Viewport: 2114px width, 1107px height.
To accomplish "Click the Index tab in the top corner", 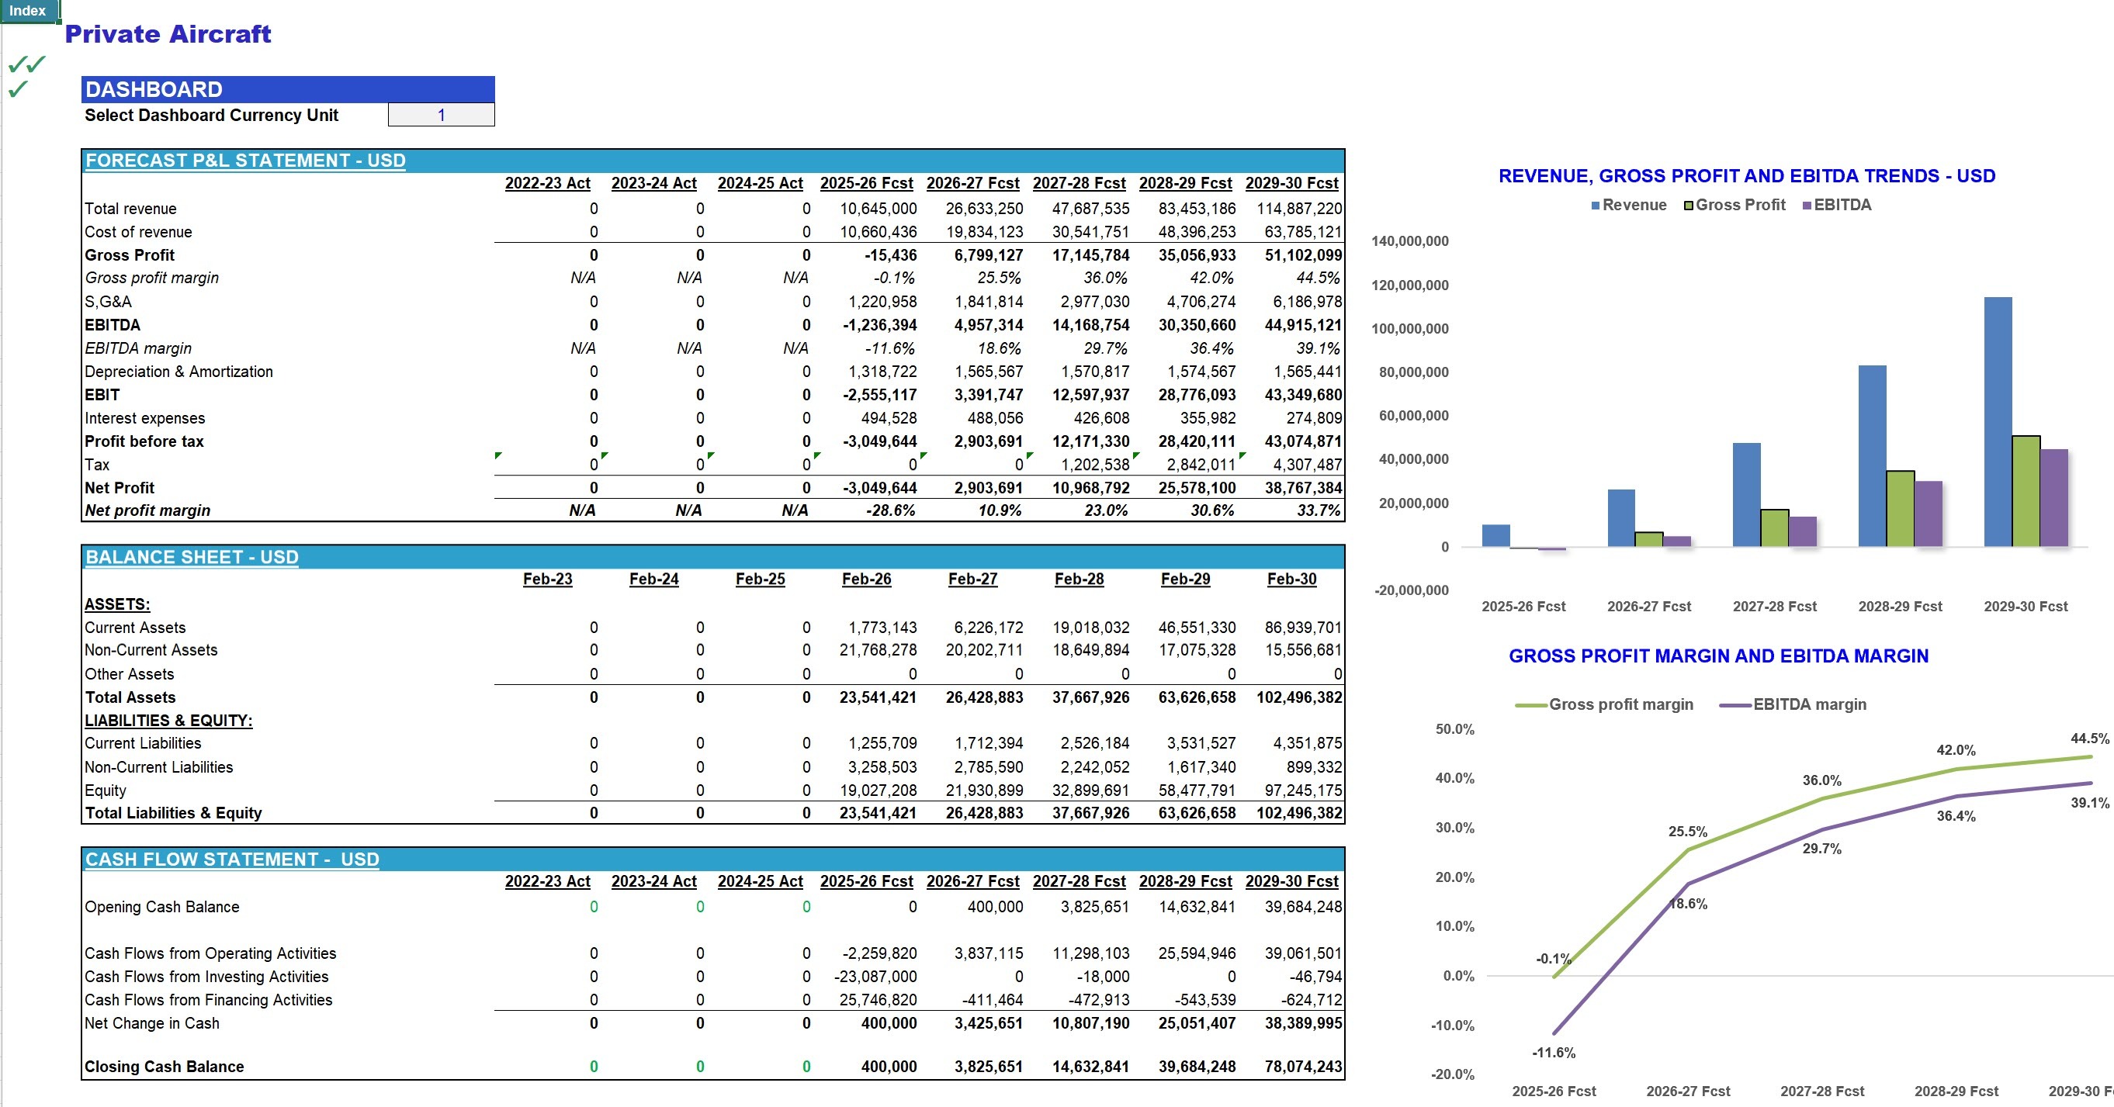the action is pos(28,11).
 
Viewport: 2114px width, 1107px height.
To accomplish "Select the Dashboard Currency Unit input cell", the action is pos(441,115).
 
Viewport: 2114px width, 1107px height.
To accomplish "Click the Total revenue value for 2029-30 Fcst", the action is pos(1299,209).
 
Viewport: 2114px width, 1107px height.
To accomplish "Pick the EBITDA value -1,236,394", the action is pos(880,325).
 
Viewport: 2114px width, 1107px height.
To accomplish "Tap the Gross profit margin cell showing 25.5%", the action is pos(999,278).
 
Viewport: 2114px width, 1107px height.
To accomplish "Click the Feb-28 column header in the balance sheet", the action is pos(1080,579).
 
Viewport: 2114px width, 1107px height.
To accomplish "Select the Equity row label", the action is pos(105,790).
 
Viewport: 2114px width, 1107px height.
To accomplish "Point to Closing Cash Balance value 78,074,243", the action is pos(1303,1067).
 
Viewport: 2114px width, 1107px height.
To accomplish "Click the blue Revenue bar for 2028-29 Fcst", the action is pos(1872,455).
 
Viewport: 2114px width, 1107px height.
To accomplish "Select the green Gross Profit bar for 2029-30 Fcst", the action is pos(2026,491).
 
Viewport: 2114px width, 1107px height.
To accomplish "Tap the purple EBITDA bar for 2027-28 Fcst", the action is pos(1802,531).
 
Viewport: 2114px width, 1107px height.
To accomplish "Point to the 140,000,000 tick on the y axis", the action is pos(1410,241).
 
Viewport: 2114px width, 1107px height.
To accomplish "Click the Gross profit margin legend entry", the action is pos(1604,704).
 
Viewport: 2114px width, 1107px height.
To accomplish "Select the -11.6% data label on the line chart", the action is pos(1554,1053).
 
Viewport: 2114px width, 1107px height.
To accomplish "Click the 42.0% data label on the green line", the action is pos(1956,750).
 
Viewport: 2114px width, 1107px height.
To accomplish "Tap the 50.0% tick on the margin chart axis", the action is pos(1454,728).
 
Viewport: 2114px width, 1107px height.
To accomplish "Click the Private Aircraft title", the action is pos(168,33).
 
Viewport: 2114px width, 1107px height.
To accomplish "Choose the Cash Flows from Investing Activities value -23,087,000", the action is pos(875,977).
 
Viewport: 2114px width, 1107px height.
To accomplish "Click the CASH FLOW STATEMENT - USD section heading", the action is pos(232,860).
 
